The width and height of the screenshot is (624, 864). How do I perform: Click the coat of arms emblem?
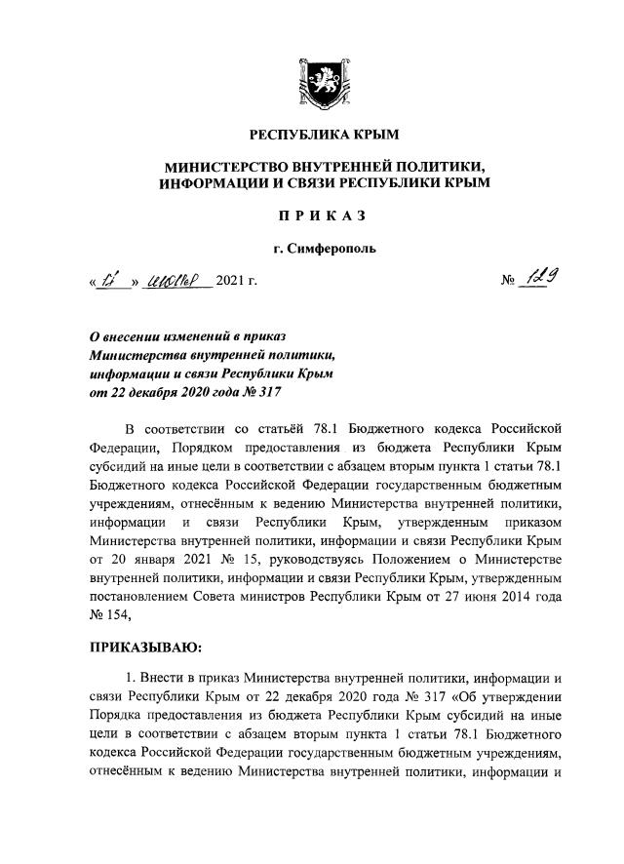311,82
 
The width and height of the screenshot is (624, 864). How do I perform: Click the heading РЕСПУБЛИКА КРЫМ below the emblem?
311,135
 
